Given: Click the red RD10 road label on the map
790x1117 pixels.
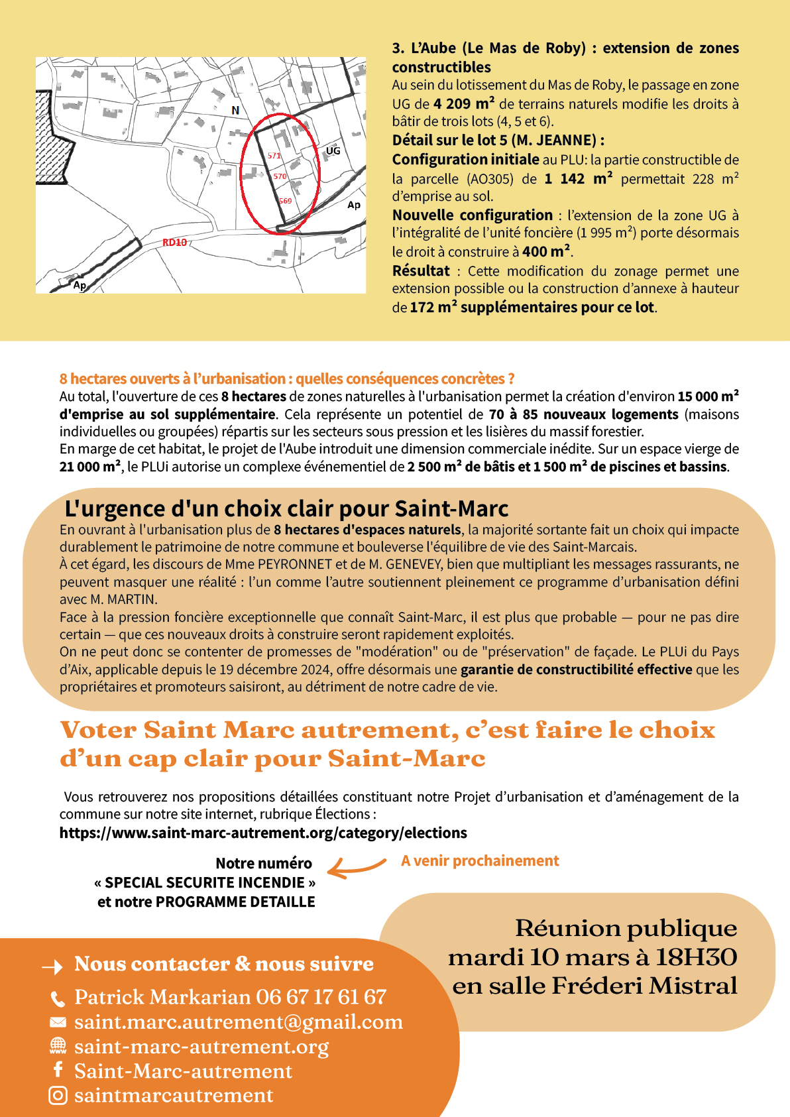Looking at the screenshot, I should [x=175, y=243].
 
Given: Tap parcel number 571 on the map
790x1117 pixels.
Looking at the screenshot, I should [x=274, y=156].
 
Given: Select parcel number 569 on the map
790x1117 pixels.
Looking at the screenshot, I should [x=285, y=201].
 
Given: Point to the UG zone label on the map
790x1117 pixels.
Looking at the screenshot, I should [x=333, y=151].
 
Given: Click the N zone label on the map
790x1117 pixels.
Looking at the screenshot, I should [x=235, y=110].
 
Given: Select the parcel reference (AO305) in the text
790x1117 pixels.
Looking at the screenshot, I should [x=490, y=179].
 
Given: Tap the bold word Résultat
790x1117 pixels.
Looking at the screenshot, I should [x=421, y=271].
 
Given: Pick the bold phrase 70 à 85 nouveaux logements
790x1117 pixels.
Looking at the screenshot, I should [x=583, y=414].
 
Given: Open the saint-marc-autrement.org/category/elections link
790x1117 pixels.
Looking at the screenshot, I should [x=263, y=833].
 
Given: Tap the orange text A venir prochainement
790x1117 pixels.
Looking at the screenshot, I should [x=480, y=860].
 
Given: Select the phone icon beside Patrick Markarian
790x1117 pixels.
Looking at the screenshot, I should [x=58, y=998].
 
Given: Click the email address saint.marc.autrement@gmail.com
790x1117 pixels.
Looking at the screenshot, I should [x=239, y=1022].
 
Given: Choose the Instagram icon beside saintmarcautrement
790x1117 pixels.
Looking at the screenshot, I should [x=58, y=1096].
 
